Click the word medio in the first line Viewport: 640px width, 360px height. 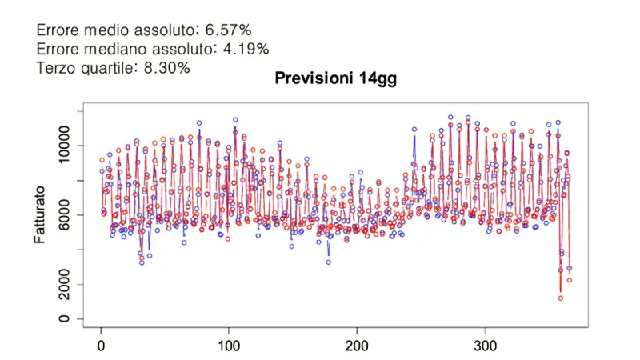[x=108, y=30]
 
